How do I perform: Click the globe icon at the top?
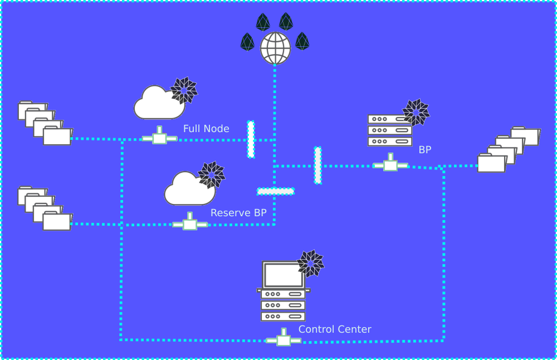[275, 48]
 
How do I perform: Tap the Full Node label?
[206, 129]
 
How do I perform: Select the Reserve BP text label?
[234, 212]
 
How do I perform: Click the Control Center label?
[335, 329]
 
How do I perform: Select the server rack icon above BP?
[389, 130]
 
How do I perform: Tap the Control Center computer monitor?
[283, 275]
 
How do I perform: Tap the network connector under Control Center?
[284, 338]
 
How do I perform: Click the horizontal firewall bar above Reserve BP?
[275, 191]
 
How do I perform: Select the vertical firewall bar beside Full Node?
[251, 139]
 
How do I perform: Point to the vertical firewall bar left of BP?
[317, 165]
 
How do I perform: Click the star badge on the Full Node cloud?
[184, 90]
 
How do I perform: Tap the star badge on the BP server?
[416, 113]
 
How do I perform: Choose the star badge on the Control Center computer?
[310, 264]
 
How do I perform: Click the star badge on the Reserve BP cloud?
[212, 175]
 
